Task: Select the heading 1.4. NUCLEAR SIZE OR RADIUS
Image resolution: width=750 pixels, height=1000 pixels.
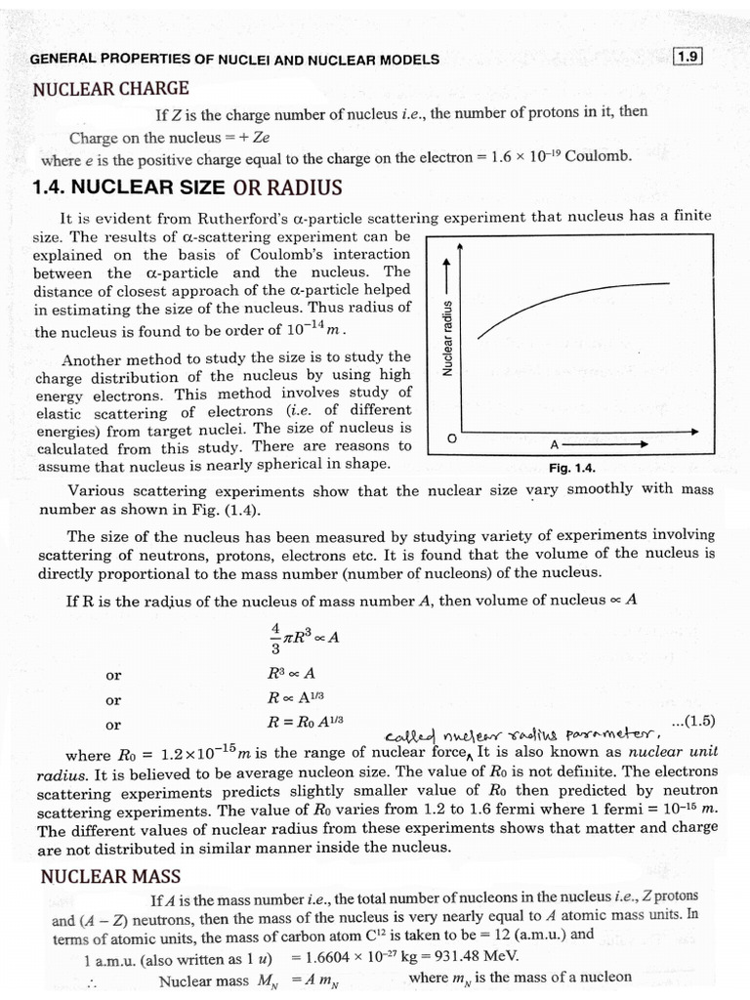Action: coord(187,187)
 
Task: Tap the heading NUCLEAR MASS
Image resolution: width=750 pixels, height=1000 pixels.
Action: coord(110,876)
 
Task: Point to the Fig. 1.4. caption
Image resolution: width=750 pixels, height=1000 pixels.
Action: coord(572,468)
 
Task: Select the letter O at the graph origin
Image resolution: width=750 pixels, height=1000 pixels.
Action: coord(451,439)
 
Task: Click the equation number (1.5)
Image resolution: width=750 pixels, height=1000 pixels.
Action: coord(694,722)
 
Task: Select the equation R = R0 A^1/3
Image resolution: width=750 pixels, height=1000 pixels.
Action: coord(305,723)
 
